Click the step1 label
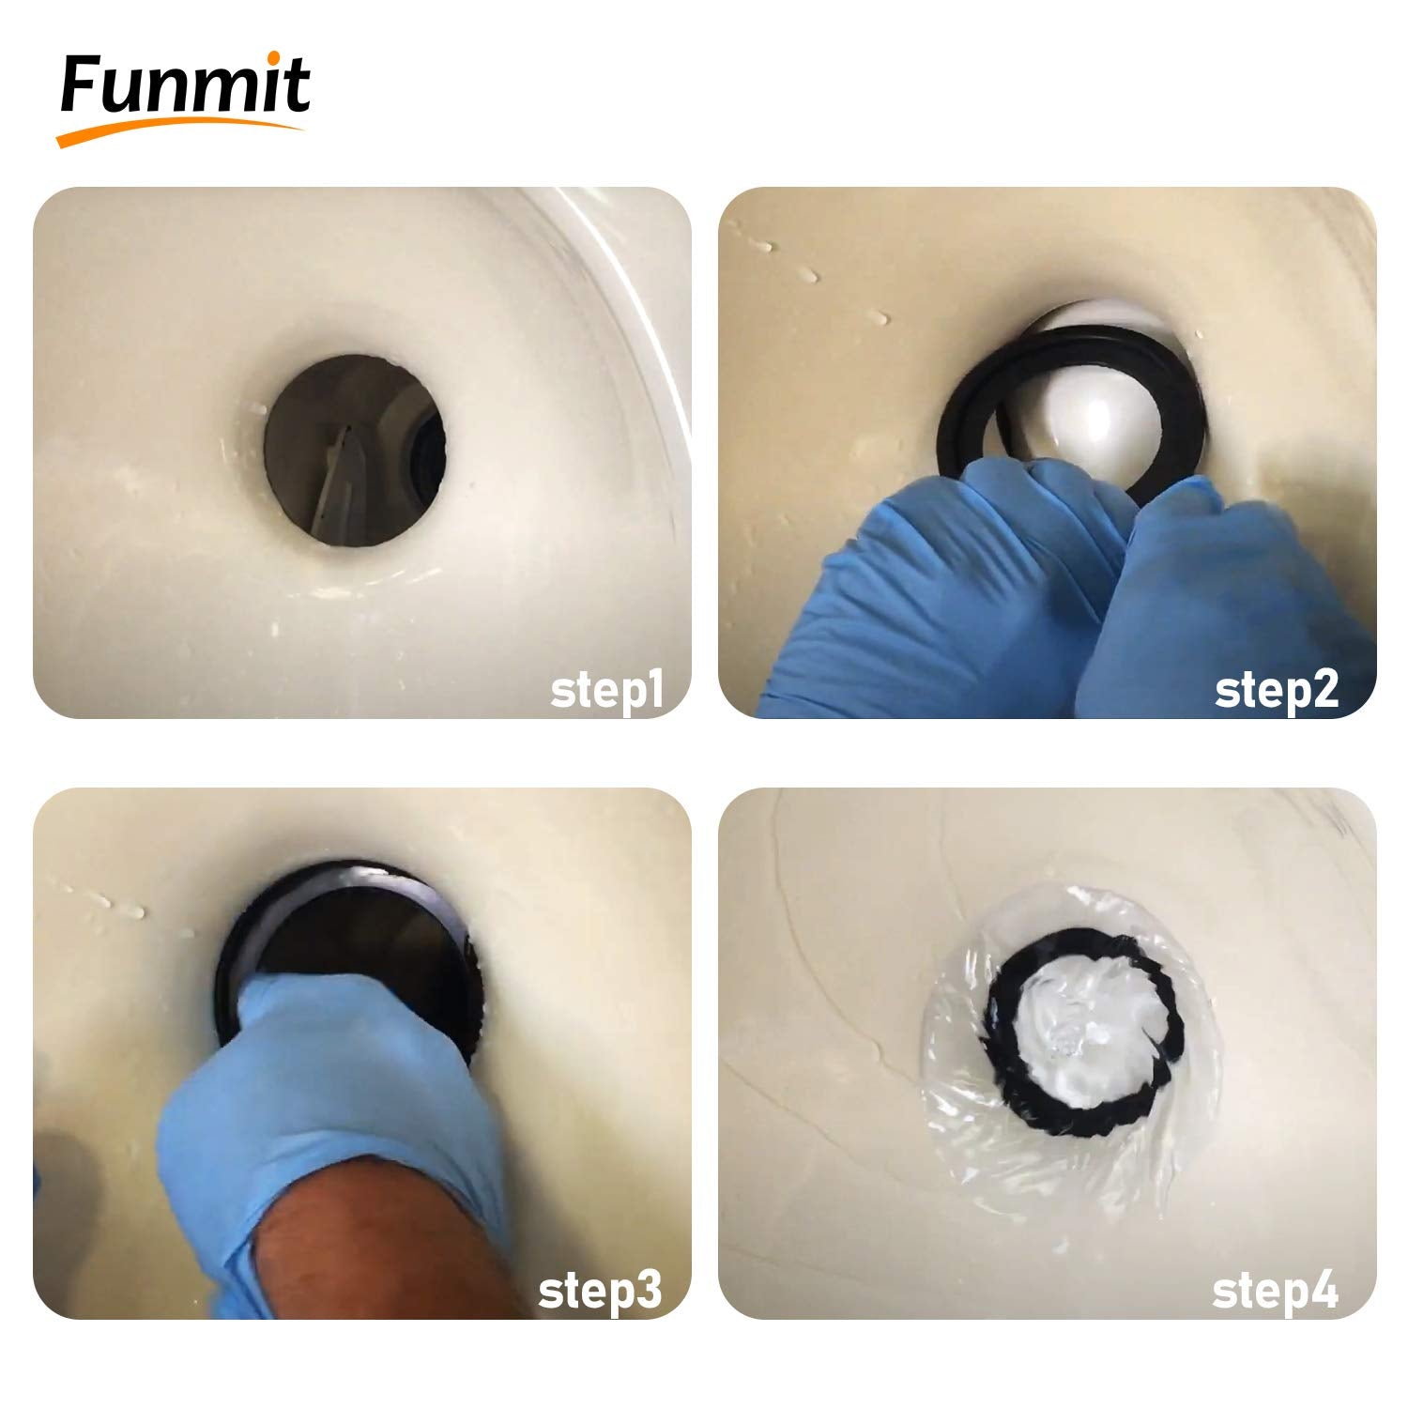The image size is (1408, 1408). (x=607, y=692)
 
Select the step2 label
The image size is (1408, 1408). (x=1277, y=692)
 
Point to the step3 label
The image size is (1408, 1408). (x=600, y=1292)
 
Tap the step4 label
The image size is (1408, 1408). (x=1275, y=1292)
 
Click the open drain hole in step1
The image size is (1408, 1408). (x=354, y=450)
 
